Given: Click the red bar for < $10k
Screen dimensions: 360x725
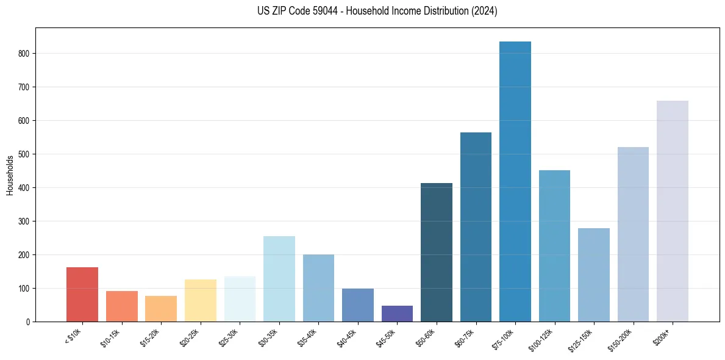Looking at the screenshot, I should coord(82,294).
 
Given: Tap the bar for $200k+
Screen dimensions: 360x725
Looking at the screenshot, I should coord(673,211).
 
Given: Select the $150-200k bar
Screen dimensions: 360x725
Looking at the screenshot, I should coord(633,234).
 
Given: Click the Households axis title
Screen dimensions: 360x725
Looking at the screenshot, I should coord(10,175).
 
